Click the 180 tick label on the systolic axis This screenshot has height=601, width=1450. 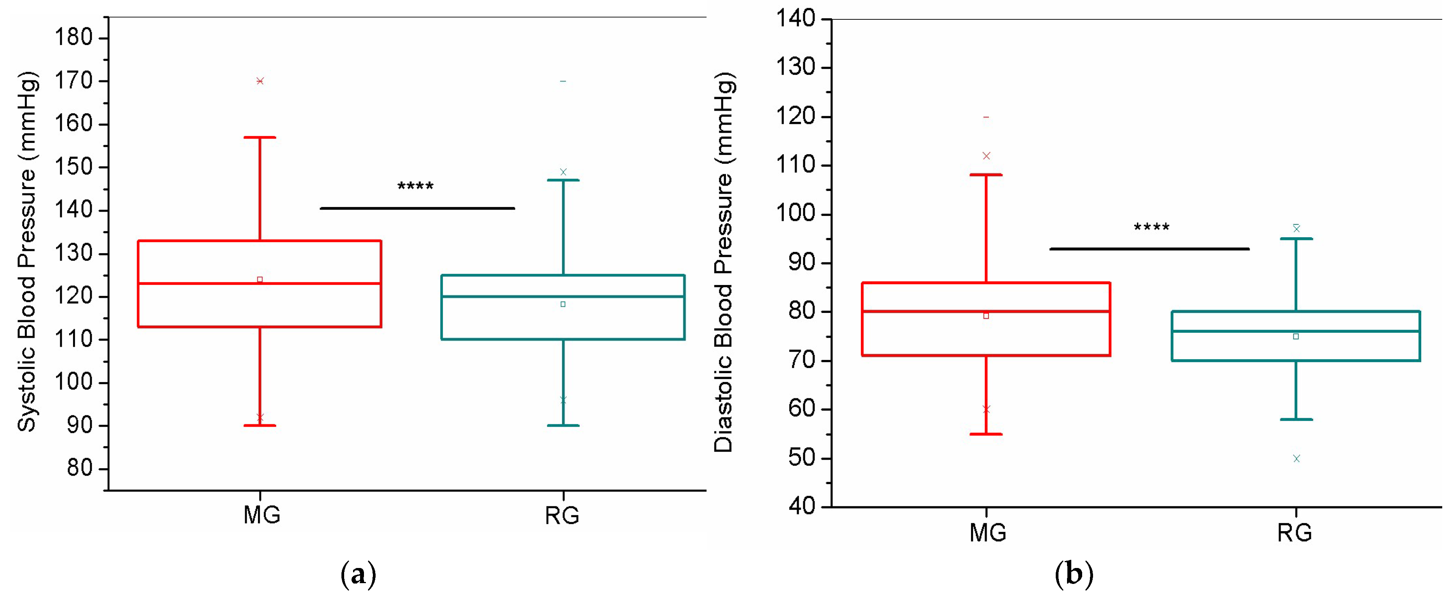click(73, 38)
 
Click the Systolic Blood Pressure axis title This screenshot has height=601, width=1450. click(27, 252)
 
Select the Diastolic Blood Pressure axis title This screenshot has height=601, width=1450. click(724, 263)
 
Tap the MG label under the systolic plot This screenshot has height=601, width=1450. click(262, 515)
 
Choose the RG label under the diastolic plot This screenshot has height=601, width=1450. click(1295, 532)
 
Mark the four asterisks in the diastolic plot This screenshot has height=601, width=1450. click(1152, 228)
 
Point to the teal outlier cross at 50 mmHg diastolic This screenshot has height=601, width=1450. click(1296, 459)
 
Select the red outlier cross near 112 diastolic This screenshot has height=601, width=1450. click(986, 156)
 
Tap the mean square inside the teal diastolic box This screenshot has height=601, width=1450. click(1296, 337)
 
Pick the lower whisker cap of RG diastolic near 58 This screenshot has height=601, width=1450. click(1296, 419)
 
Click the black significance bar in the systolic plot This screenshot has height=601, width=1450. click(417, 208)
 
